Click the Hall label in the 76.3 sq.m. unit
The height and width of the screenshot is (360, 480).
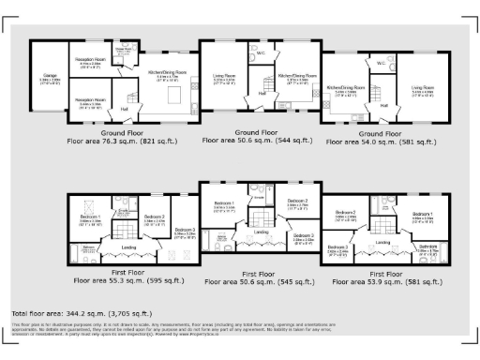125,109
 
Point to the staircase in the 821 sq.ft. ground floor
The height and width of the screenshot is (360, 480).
133,90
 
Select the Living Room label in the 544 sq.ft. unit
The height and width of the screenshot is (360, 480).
223,78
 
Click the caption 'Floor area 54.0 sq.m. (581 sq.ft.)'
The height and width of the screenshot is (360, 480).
380,142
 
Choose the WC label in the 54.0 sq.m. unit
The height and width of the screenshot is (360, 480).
382,64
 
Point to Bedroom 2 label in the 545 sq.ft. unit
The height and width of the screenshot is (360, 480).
297,202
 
